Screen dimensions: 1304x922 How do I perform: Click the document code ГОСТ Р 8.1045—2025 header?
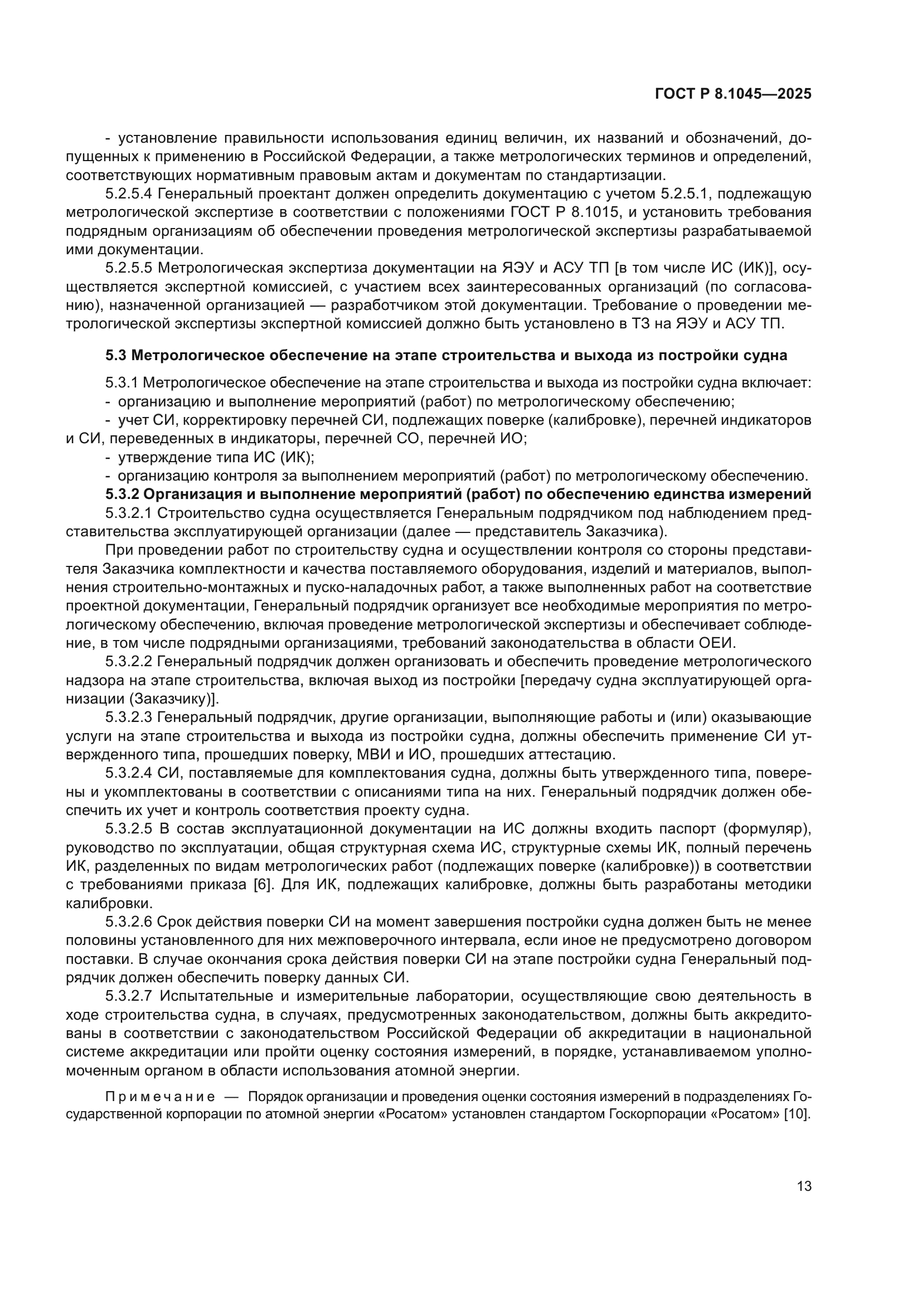click(x=733, y=94)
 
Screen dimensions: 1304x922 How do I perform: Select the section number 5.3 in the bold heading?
click(x=116, y=356)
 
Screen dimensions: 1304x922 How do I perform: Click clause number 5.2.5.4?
click(x=128, y=193)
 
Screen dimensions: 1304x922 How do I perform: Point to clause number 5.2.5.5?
click(x=128, y=268)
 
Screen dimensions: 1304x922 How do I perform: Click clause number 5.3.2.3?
click(x=128, y=718)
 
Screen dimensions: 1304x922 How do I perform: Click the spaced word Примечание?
click(x=160, y=1096)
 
